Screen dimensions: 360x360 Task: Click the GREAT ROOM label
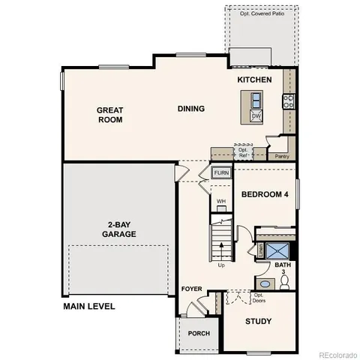(x=109, y=114)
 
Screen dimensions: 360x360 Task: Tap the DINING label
(x=190, y=109)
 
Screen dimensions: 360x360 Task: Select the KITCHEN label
(x=254, y=79)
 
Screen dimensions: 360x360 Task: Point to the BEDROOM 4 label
(x=265, y=194)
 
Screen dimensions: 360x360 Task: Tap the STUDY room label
(x=258, y=322)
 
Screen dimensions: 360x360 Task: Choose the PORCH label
(x=199, y=333)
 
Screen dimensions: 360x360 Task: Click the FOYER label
(x=191, y=289)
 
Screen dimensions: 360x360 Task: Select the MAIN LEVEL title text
(x=89, y=306)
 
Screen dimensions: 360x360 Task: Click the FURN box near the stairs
(x=221, y=173)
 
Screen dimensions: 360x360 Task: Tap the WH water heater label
(x=221, y=201)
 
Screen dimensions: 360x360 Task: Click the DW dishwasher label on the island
(x=256, y=116)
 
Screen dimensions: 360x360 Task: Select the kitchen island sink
(x=256, y=100)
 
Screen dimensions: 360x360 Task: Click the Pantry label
(x=282, y=156)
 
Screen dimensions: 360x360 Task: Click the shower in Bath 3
(x=277, y=250)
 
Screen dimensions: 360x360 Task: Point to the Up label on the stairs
(x=220, y=265)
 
